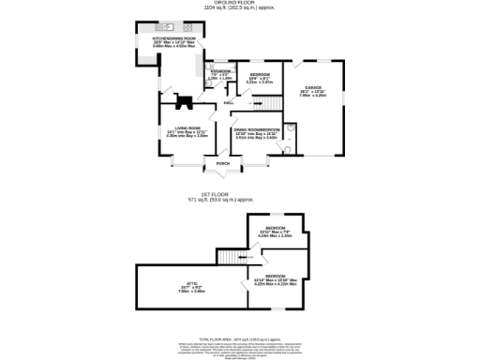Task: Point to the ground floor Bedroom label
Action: coord(259,74)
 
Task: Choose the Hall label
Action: coord(229,102)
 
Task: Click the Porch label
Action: coord(223,163)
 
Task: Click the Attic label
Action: coord(191,286)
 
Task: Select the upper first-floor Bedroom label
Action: coord(275,228)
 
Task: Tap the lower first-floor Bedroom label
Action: coord(275,277)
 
